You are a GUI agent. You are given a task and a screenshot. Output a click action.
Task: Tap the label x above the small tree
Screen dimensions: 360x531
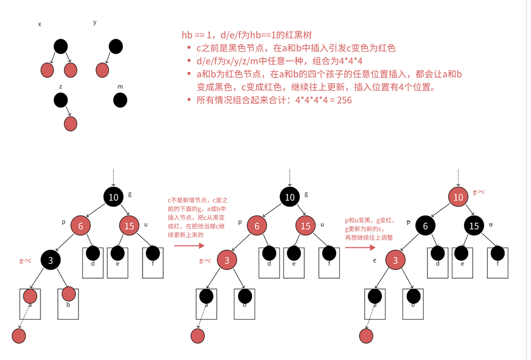pos(40,24)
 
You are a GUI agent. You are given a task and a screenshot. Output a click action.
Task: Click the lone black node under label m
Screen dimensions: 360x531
pos(120,100)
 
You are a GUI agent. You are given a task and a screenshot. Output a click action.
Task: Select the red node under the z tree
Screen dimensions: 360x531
pos(71,123)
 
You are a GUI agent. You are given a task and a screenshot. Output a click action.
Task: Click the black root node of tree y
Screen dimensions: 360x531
pos(116,47)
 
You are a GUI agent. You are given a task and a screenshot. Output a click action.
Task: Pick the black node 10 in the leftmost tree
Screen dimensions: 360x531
pos(114,197)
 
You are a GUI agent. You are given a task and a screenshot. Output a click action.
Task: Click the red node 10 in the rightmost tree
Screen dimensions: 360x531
pos(459,197)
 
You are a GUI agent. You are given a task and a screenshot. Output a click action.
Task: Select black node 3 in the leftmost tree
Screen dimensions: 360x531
pos(51,260)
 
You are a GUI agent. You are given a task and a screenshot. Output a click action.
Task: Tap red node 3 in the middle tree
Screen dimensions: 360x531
pos(227,260)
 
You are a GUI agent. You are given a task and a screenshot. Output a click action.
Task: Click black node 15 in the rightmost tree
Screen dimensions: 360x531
pos(474,226)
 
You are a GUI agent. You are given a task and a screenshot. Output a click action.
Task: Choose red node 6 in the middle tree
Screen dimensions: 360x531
pos(257,226)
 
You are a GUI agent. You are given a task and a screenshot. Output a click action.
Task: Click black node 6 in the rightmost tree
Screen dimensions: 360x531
pos(425,226)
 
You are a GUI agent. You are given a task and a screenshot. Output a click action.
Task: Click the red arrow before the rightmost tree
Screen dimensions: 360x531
pos(357,246)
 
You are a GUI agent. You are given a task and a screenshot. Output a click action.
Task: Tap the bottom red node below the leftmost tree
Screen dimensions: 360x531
pos(19,336)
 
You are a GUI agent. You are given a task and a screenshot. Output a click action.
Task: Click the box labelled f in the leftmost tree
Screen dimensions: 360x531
pos(153,262)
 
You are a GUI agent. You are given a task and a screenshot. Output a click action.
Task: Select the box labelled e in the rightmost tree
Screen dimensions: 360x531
pos(463,262)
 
